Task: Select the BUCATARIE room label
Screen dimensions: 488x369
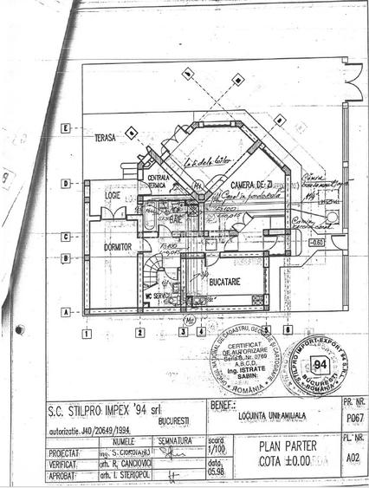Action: click(223, 283)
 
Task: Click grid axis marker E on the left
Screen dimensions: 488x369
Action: click(65, 127)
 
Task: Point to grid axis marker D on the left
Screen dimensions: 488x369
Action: click(65, 183)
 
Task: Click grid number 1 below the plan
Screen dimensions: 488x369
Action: click(87, 331)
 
